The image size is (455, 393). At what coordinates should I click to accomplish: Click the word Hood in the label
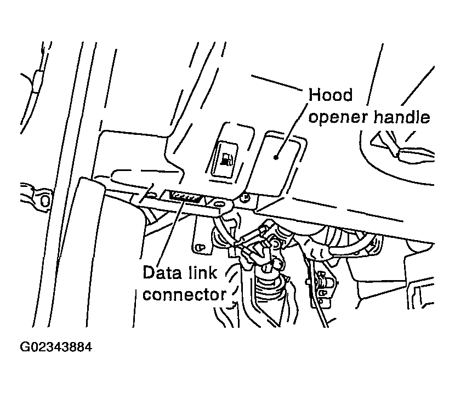(331, 95)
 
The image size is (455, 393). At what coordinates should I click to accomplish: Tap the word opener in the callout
(338, 117)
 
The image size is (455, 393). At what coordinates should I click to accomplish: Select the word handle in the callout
(402, 117)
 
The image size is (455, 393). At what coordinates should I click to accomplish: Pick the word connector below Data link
(184, 295)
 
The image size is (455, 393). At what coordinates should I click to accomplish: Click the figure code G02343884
(56, 347)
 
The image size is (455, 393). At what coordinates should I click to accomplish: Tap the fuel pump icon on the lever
(227, 159)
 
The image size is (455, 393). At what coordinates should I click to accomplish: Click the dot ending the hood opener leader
(276, 157)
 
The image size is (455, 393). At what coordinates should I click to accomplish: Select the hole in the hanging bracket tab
(199, 248)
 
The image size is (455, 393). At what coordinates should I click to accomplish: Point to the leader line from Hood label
(292, 130)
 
